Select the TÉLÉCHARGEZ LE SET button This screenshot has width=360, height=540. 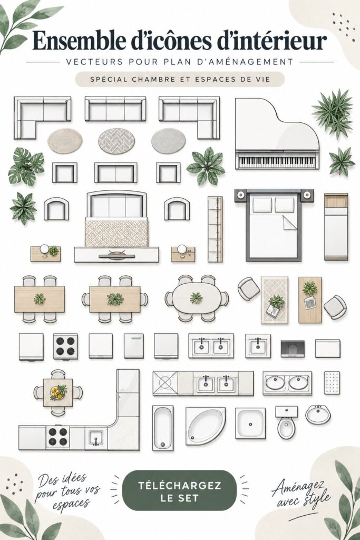[180, 491]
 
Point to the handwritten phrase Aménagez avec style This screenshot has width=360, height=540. [301, 493]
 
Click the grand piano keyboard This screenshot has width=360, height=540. [277, 161]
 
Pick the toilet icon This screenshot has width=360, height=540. [286, 422]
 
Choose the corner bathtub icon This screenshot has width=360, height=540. [205, 426]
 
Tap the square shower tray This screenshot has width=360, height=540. [250, 423]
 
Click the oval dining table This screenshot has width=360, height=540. [196, 298]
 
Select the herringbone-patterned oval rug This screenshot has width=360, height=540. [116, 141]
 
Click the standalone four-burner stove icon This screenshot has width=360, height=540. [65, 346]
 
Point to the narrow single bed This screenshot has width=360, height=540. [336, 227]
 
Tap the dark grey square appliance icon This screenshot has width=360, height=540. [293, 349]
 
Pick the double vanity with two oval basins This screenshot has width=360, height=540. [287, 383]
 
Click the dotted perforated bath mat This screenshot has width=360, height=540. [332, 383]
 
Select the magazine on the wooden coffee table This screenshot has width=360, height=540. [310, 303]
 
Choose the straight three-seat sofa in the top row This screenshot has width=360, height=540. [115, 109]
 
